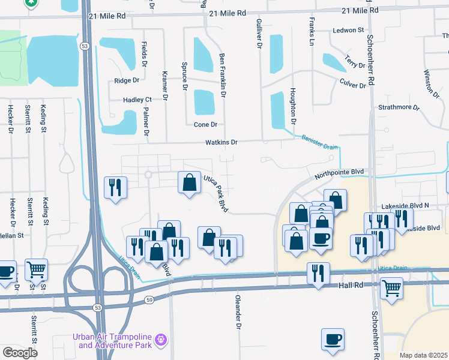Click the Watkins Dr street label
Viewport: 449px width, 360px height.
tap(222, 142)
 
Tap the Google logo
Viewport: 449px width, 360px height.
tap(20, 353)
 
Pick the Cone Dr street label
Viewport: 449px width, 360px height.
tap(205, 125)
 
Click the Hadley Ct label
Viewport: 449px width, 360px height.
tap(137, 100)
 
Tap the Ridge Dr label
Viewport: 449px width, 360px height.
tap(127, 80)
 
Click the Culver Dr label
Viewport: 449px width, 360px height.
tap(352, 83)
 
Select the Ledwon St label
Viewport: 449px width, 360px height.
tap(348, 29)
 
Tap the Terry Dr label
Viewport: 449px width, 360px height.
tap(355, 61)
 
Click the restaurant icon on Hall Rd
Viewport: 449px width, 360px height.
tap(318, 273)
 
